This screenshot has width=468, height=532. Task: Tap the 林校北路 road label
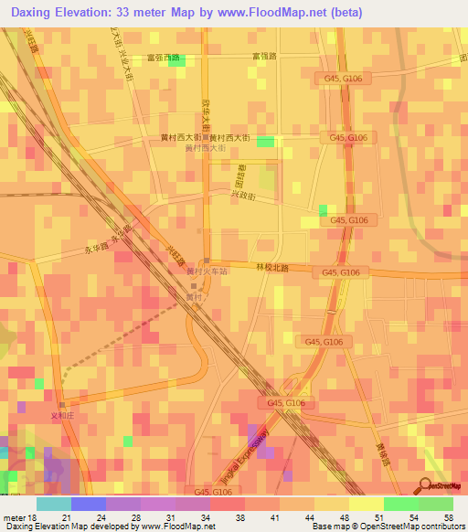[271, 268]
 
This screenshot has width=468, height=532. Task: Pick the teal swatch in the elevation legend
[54, 504]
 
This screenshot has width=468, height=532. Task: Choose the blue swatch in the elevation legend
[89, 504]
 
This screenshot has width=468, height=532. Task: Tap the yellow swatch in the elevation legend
[366, 504]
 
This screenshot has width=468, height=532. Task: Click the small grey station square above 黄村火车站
[207, 260]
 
